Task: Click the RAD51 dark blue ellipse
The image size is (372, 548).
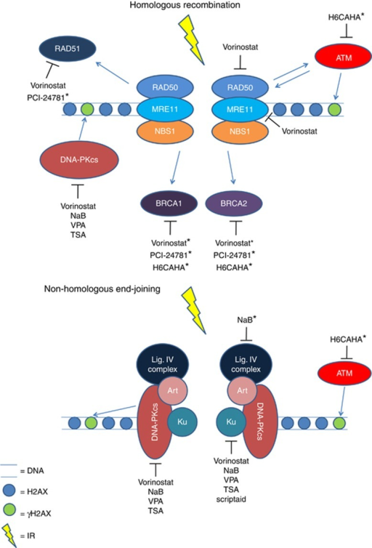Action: click(x=67, y=48)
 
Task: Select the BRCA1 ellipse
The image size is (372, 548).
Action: click(x=169, y=204)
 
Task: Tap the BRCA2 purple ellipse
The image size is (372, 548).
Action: click(x=233, y=204)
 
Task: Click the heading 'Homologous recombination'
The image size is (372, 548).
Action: click(x=185, y=5)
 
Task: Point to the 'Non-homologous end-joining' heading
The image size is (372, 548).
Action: click(x=102, y=289)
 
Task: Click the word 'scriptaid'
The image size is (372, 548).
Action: click(x=231, y=499)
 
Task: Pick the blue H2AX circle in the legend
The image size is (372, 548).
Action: click(x=9, y=490)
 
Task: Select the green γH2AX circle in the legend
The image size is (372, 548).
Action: click(x=9, y=510)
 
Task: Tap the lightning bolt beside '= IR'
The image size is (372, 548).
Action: click(x=9, y=534)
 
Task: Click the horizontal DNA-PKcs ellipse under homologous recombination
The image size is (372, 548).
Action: click(x=79, y=160)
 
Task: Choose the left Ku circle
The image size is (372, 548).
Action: click(x=182, y=422)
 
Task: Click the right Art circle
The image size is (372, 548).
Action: click(x=242, y=390)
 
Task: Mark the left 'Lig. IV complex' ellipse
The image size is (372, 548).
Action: click(x=163, y=365)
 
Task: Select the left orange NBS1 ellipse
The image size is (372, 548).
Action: click(x=165, y=132)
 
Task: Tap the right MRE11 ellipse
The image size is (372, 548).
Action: click(x=240, y=110)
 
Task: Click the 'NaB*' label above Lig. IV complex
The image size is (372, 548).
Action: click(x=246, y=320)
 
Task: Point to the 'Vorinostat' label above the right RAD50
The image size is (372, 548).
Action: click(x=240, y=47)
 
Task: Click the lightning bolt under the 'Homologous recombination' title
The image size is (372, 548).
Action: click(x=192, y=39)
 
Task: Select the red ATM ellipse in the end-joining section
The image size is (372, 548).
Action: click(x=344, y=374)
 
